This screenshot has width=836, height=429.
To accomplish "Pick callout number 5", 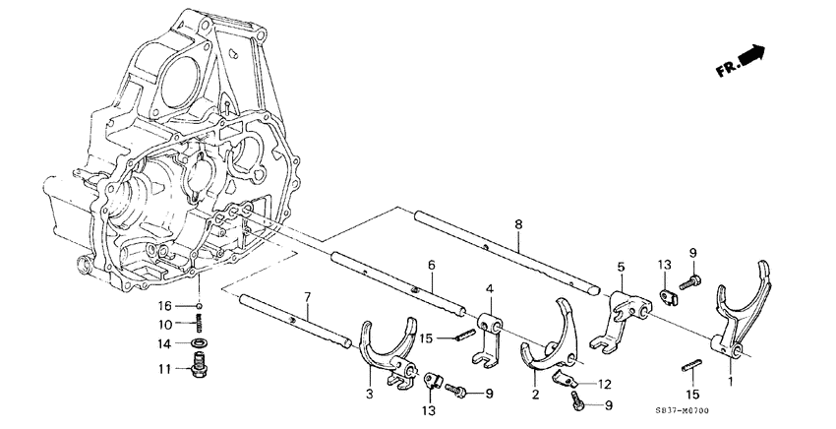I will [620, 266].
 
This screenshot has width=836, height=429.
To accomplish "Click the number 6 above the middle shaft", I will [431, 265].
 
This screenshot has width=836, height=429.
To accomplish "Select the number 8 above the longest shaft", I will [517, 225].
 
